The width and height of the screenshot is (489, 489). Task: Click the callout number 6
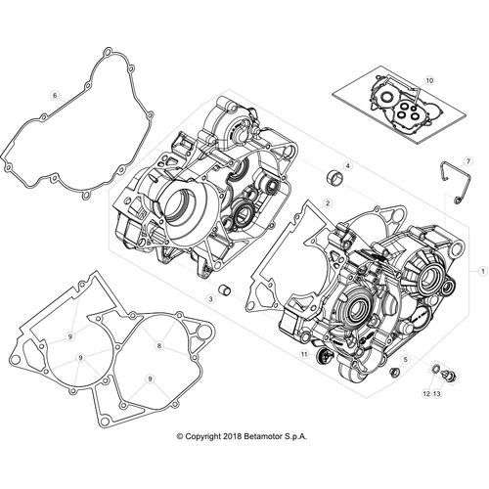[55, 94]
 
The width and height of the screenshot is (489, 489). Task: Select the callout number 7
[467, 159]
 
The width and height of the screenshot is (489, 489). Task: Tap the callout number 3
[208, 296]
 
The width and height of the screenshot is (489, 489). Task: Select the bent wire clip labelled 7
[448, 184]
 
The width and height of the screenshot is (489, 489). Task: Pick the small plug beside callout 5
[395, 374]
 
